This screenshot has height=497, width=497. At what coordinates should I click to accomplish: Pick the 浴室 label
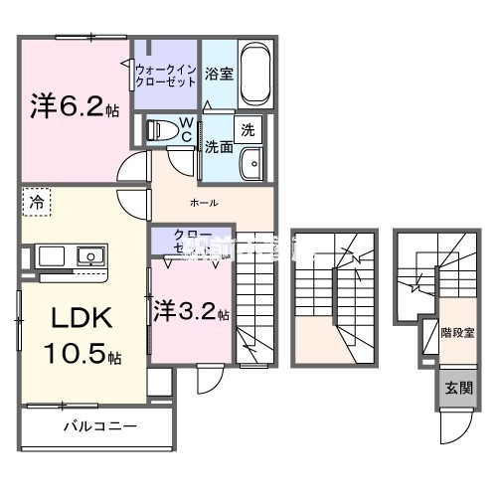pos(219,74)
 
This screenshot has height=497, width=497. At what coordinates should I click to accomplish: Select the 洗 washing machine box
pos(247,129)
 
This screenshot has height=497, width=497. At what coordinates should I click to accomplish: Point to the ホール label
pos(205,203)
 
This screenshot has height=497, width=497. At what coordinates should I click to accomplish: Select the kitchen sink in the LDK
pos(89,256)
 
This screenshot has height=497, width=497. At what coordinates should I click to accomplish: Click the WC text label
pos(185,129)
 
